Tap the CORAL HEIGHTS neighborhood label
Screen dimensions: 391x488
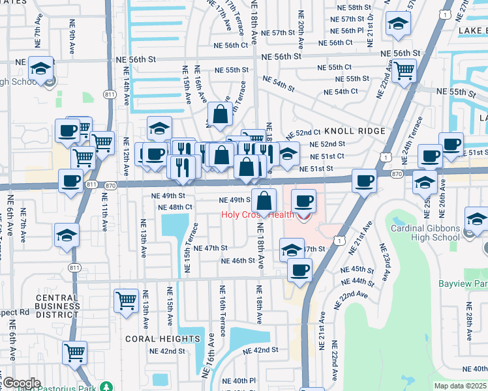[159, 339]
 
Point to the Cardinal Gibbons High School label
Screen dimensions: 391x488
[425, 233]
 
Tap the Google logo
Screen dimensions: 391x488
[21, 383]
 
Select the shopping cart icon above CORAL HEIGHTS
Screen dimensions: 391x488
[126, 300]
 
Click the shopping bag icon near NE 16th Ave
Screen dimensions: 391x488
[221, 114]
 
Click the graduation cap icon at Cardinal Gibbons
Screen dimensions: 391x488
[477, 219]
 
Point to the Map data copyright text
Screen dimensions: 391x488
[461, 385]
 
